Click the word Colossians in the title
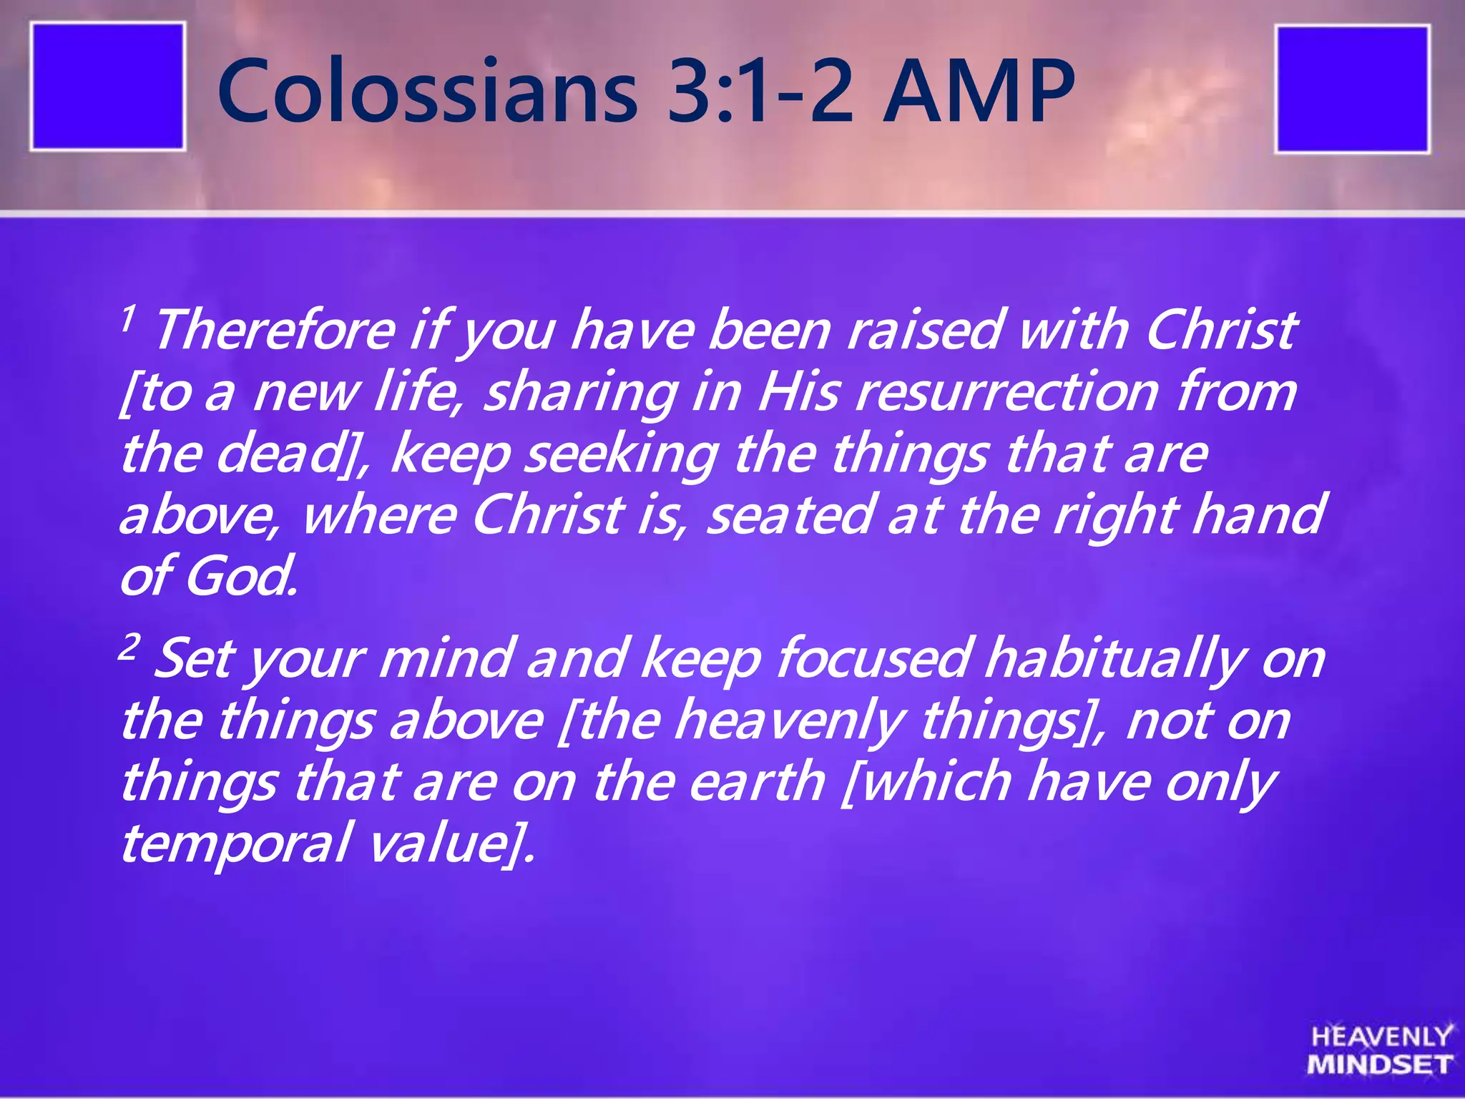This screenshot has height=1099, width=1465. pos(428,92)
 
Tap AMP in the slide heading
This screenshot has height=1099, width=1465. pos(978,92)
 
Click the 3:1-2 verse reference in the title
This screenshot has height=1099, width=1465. pos(760,92)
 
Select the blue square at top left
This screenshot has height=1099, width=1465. pos(108,87)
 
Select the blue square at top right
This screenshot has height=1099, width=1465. pos(1352,89)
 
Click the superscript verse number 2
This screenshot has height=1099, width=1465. pos(128,648)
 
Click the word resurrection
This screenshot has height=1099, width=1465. pos(1007,393)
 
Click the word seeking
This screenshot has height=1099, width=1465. pos(621,455)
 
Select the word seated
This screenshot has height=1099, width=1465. pos(790,515)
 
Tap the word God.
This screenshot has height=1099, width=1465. pos(240,577)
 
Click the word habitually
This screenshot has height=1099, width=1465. pos(1114,659)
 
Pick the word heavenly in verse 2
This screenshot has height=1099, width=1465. pos(789,721)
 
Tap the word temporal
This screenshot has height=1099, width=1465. pos(235,844)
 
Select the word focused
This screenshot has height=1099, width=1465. pos(873,659)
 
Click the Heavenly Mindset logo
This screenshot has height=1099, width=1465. pos(1380,1050)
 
